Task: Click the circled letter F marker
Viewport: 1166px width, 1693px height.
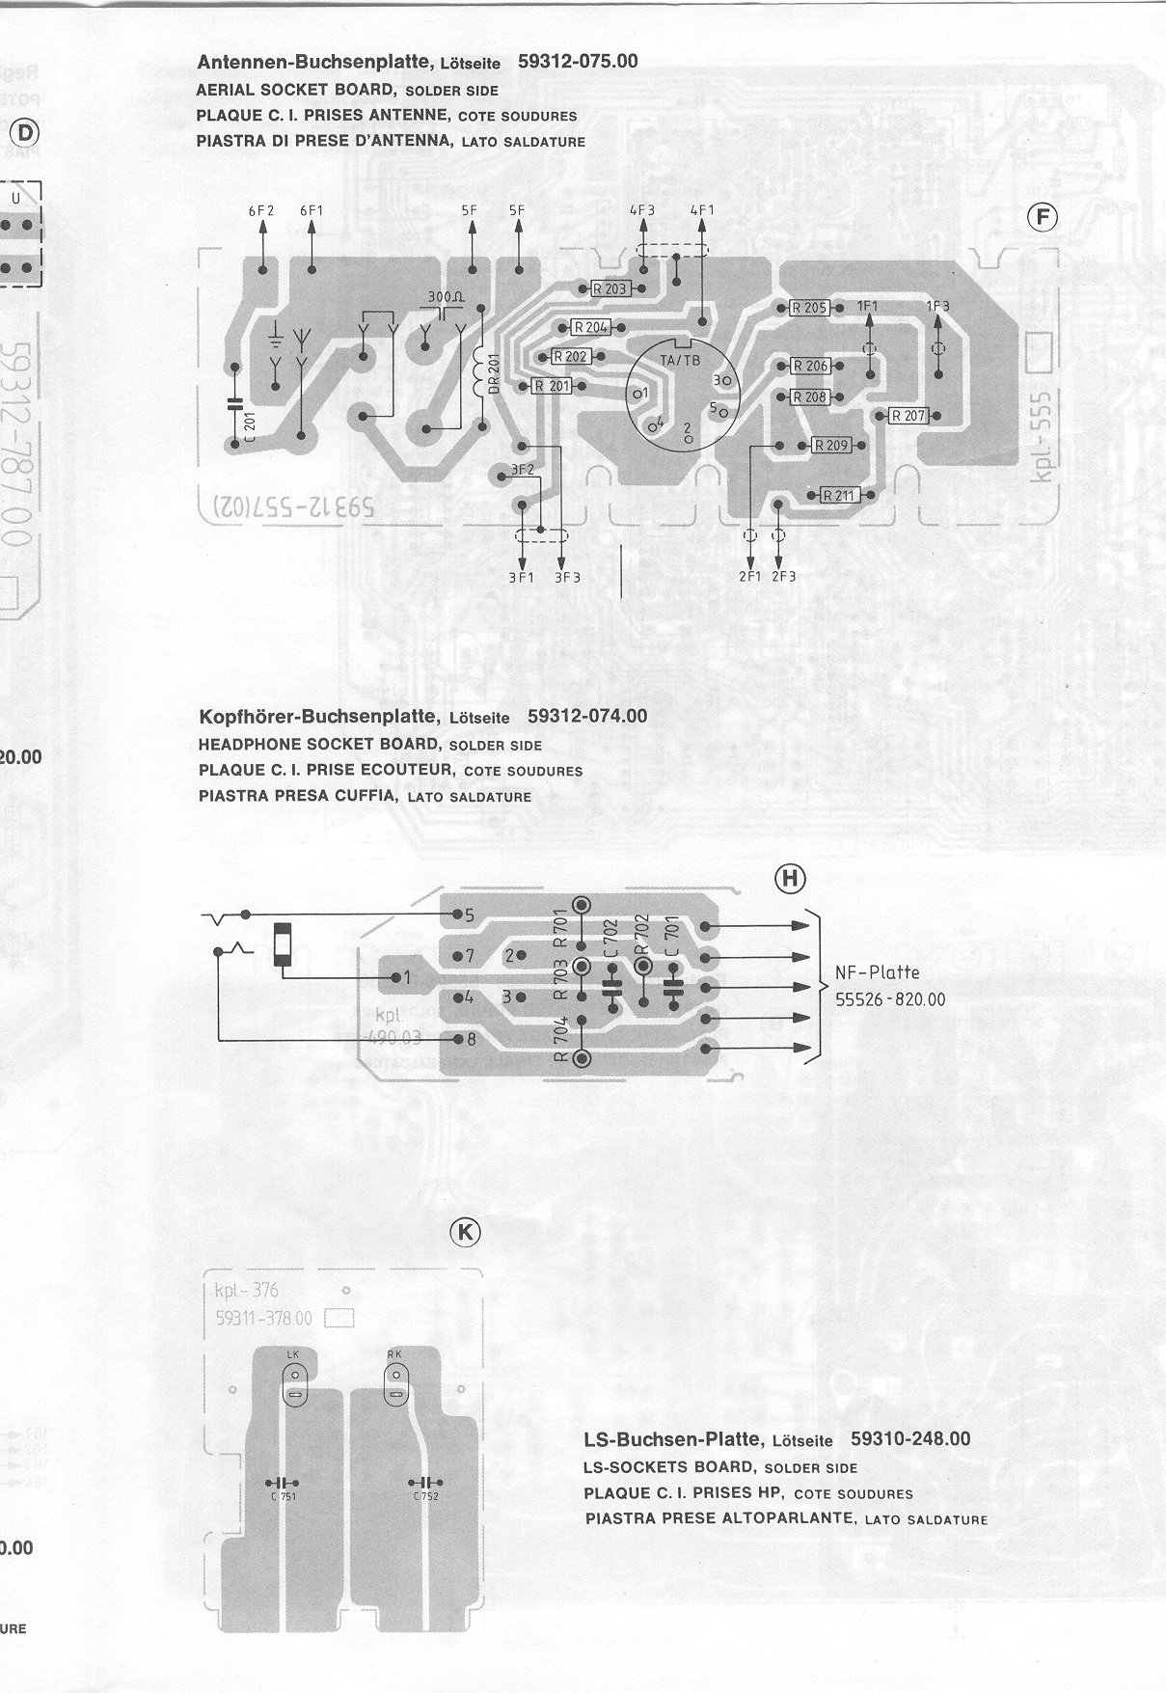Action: pyautogui.click(x=1043, y=218)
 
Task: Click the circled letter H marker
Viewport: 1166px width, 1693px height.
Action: pyautogui.click(x=790, y=878)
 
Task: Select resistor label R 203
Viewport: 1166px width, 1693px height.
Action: pyautogui.click(x=610, y=288)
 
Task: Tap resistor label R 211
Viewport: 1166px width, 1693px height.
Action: pyautogui.click(x=839, y=496)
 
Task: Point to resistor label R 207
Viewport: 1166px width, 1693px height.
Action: pyautogui.click(x=908, y=416)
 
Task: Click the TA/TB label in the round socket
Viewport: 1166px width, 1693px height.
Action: pyautogui.click(x=680, y=360)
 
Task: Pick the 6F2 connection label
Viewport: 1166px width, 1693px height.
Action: pyautogui.click(x=261, y=210)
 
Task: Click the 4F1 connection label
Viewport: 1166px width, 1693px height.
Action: pyautogui.click(x=702, y=210)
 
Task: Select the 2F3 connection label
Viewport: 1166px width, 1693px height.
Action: pyautogui.click(x=783, y=576)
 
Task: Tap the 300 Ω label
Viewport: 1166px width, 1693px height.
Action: pyautogui.click(x=445, y=296)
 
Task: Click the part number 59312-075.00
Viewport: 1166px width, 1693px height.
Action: pyautogui.click(x=578, y=61)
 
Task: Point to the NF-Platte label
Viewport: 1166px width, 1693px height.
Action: pyautogui.click(x=878, y=972)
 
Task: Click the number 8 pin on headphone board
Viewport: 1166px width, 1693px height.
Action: pyautogui.click(x=471, y=1040)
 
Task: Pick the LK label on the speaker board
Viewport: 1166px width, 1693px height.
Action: pyautogui.click(x=293, y=1354)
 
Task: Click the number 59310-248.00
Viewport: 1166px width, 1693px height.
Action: pyautogui.click(x=910, y=1438)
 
